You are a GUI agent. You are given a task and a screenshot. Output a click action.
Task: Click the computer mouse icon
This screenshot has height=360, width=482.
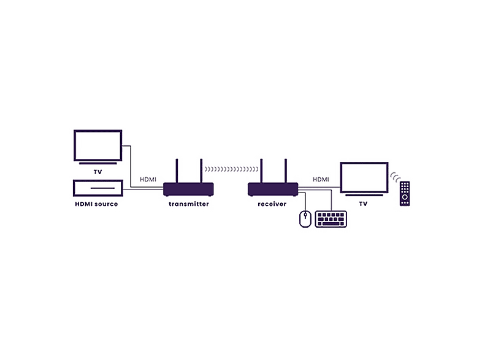[305, 219]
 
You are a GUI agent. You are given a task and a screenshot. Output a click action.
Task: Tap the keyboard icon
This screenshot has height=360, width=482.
[331, 219]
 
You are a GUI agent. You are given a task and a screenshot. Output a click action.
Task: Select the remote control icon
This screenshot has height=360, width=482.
[405, 193]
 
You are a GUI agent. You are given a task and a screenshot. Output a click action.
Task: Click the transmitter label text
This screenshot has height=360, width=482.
[189, 204]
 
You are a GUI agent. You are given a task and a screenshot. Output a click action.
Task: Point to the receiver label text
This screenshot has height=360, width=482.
[272, 204]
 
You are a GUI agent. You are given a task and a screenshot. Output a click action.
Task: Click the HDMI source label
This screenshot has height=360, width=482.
[96, 204]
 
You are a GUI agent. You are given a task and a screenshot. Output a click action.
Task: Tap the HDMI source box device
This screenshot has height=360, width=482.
[98, 188]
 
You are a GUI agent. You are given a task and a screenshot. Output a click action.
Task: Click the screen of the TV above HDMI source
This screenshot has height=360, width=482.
[98, 145]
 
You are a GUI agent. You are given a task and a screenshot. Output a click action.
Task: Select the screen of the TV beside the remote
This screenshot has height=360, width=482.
[364, 178]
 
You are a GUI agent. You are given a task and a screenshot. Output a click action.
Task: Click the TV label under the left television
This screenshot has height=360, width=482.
[98, 172]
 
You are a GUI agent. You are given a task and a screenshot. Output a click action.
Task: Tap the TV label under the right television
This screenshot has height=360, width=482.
[364, 204]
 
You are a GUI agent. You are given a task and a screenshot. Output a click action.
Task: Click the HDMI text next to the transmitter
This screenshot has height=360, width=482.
[148, 179]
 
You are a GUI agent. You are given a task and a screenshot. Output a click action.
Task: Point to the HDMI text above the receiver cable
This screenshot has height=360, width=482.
[321, 179]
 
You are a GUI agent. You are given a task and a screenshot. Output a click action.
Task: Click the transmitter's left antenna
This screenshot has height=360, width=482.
[177, 171]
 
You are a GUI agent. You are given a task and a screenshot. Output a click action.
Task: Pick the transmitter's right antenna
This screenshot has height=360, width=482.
[201, 171]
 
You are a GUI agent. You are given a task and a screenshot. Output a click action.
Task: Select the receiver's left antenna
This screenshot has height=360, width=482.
[261, 171]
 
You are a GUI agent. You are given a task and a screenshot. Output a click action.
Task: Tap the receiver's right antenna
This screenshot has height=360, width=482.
[286, 171]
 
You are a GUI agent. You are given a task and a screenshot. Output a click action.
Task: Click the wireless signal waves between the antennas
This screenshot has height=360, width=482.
[231, 169]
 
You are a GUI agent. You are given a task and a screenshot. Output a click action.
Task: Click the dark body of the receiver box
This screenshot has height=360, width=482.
[273, 189]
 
